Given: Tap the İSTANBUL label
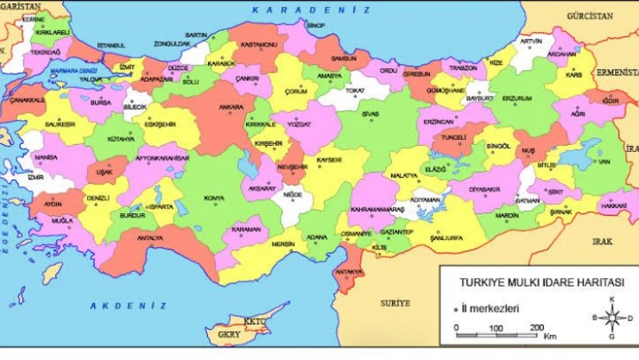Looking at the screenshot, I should click(111, 45).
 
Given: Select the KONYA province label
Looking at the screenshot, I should click(213, 198).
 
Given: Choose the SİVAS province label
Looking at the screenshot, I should click(370, 113).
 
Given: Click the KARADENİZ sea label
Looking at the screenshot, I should click(310, 10).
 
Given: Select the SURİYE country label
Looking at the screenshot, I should click(395, 304).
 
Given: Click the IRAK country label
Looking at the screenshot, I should click(601, 243).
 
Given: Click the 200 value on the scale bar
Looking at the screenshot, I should click(535, 327).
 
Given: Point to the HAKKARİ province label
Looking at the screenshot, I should click(613, 206).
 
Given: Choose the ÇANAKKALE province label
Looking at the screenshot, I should click(27, 100).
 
